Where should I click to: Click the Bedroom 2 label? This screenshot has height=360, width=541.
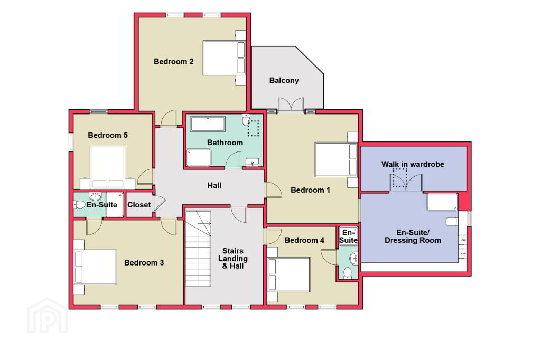(x=173, y=62)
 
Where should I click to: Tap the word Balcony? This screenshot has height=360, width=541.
(x=284, y=80)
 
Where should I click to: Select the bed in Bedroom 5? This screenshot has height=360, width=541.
(x=107, y=167)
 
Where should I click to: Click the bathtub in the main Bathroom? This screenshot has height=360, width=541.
(x=208, y=124)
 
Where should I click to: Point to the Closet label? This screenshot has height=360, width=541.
(x=139, y=205)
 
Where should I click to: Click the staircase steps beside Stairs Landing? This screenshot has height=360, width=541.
(x=198, y=249)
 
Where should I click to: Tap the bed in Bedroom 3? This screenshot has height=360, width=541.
(x=96, y=267)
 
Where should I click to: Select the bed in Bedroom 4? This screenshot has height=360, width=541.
(x=289, y=274)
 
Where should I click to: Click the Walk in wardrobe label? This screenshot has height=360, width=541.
(x=413, y=164)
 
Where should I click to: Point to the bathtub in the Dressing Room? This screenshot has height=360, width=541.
(x=442, y=202)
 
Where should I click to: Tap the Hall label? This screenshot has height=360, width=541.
(x=214, y=185)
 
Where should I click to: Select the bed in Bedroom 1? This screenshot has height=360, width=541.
(x=336, y=159)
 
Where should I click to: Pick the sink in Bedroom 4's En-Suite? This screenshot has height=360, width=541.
(x=353, y=258)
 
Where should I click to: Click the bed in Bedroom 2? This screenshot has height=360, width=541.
(x=224, y=58)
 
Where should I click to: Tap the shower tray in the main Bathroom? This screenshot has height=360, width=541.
(x=199, y=158)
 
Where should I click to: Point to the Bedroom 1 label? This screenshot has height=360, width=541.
(x=310, y=190)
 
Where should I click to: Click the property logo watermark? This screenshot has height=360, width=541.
(x=47, y=316)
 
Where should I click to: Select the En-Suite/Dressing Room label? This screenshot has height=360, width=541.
(x=413, y=236)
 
